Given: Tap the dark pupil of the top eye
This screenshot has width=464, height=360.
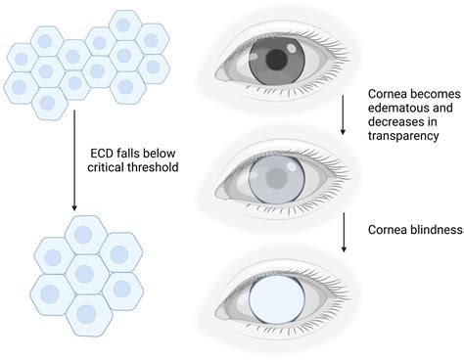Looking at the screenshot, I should click(277, 62).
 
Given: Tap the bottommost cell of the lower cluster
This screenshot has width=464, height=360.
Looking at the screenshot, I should click(86, 315).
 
